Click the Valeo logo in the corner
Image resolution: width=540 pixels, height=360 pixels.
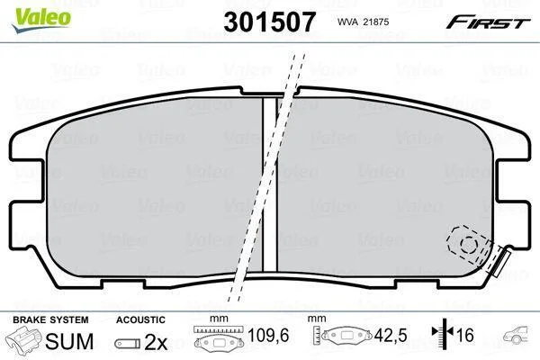click(x=41, y=20)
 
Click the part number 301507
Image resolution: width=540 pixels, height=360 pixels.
click(x=269, y=22)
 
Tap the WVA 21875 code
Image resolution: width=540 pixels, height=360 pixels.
click(x=363, y=22)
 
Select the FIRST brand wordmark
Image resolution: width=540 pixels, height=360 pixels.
click(x=488, y=22)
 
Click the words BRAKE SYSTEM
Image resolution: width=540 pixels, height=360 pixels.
click(x=50, y=319)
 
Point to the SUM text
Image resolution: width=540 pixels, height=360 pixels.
click(x=69, y=341)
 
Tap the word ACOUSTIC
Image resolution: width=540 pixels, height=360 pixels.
click(x=140, y=319)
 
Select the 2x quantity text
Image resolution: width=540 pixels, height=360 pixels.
click(x=156, y=342)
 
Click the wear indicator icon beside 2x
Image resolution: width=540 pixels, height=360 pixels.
click(x=128, y=344)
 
